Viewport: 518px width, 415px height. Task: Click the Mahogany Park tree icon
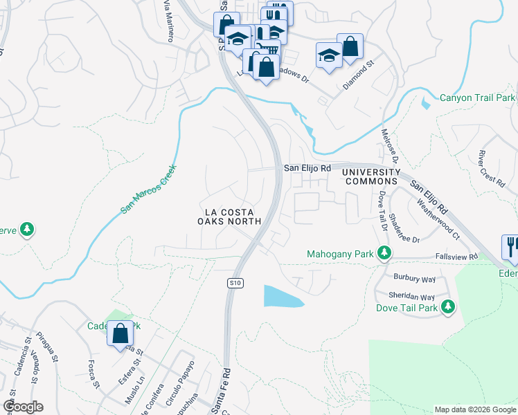point(383,255)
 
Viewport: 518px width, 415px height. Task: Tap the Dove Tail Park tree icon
point(448,306)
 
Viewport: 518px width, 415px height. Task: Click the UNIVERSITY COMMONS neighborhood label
point(373,176)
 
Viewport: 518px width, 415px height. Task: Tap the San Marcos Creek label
point(149,188)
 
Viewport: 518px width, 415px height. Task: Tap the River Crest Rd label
point(491,167)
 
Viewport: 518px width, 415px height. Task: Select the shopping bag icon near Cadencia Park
point(120,333)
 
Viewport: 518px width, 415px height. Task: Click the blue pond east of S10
point(283,297)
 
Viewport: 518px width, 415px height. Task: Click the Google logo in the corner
point(23,407)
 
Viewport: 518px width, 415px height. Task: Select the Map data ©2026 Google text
point(474,409)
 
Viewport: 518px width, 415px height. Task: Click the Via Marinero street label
point(167,20)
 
